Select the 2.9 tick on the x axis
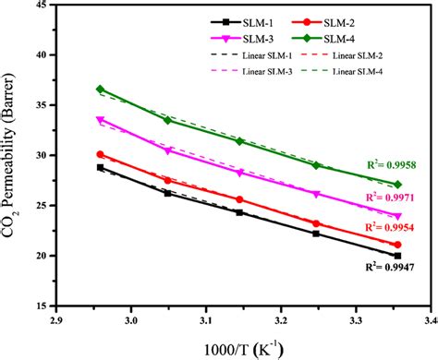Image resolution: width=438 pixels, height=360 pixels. coord(55,319)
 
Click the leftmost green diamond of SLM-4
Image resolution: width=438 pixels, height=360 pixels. coord(100,90)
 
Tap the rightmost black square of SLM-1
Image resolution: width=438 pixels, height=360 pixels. coord(398,256)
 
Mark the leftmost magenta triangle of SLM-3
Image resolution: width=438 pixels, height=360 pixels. coord(100,120)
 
